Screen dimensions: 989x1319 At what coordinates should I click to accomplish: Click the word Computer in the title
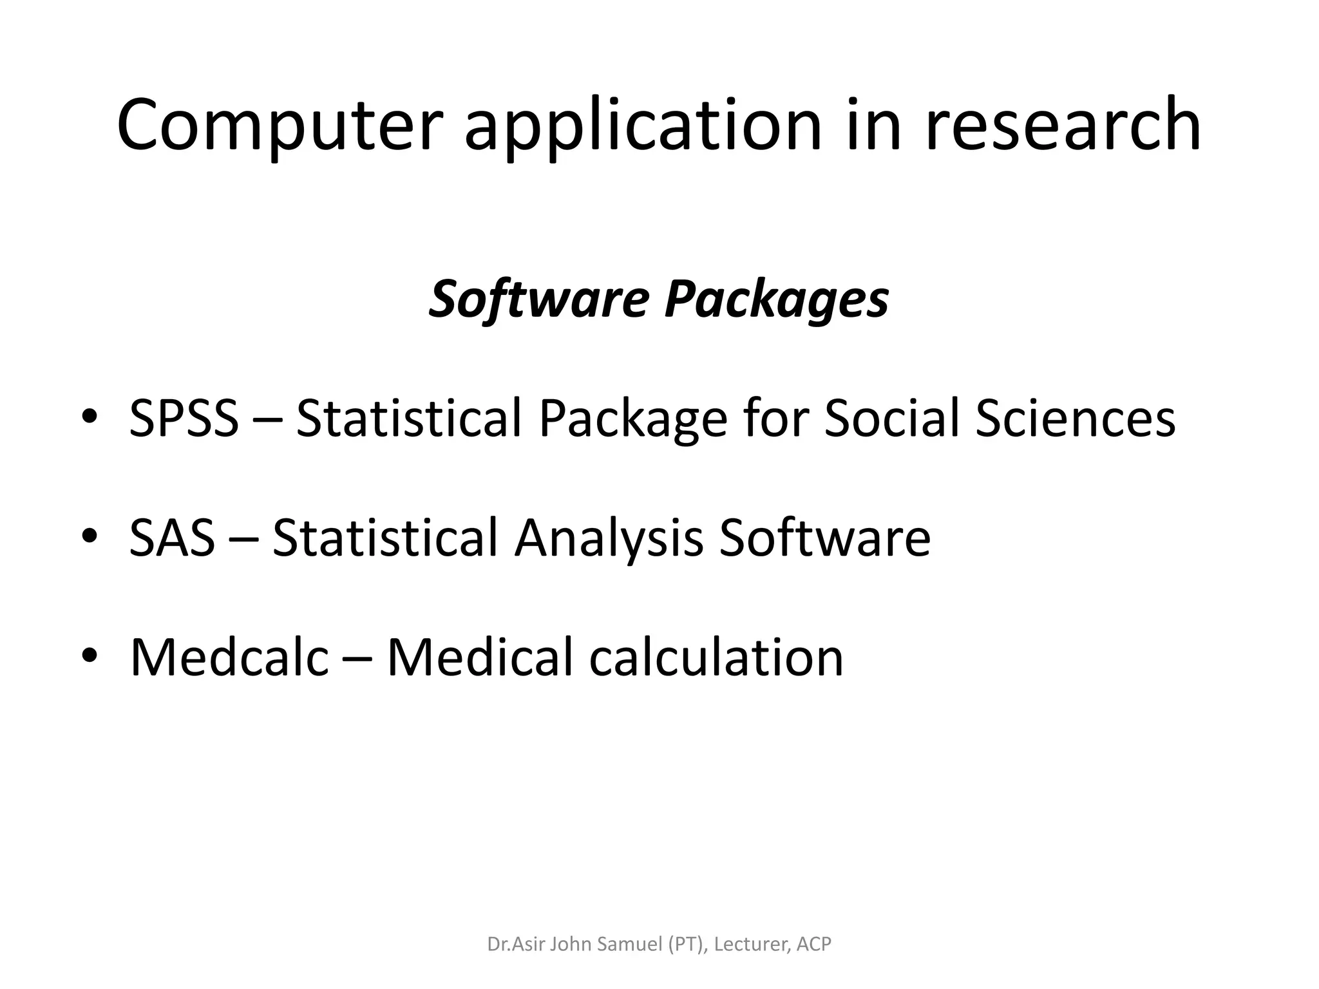point(279,126)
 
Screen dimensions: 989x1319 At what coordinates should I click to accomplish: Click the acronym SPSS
point(184,419)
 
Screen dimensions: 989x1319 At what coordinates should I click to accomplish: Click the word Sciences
point(1075,419)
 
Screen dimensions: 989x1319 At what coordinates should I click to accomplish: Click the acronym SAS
point(172,538)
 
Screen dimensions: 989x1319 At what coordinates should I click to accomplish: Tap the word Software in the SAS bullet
point(824,538)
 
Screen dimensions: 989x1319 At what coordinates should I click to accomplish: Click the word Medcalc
point(229,657)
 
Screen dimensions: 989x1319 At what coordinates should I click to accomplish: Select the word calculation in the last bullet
point(716,657)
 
